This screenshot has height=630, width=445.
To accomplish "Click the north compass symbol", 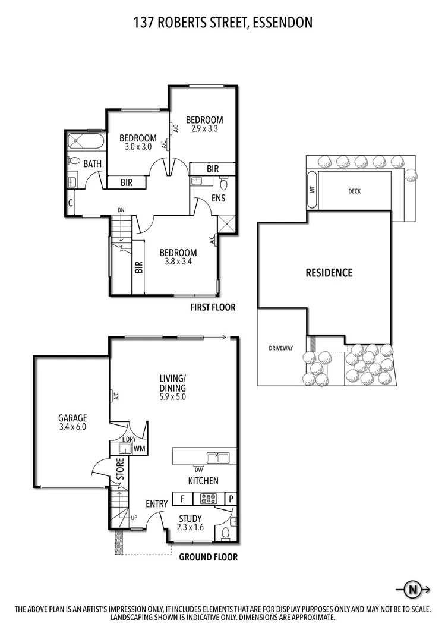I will click(412, 590).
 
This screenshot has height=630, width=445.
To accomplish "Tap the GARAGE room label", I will click(72, 418).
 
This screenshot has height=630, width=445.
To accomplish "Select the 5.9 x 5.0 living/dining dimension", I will click(173, 397).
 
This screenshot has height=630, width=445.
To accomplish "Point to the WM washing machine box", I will click(140, 448).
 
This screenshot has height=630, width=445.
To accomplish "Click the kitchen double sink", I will click(217, 457).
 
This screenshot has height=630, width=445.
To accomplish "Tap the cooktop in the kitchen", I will click(209, 499).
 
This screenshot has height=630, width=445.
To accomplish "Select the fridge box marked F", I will click(182, 499).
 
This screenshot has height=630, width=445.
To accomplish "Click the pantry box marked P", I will click(231, 499).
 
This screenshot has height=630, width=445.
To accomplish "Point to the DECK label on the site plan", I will click(355, 191).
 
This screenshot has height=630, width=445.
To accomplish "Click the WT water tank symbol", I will click(311, 190).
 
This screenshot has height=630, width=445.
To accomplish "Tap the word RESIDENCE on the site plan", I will click(329, 273).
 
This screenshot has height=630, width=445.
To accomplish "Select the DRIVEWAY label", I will click(281, 348).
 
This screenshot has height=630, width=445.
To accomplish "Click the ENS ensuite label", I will click(218, 198).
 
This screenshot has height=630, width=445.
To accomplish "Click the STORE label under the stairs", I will click(119, 469).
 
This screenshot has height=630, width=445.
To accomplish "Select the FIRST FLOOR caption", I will click(213, 307).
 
